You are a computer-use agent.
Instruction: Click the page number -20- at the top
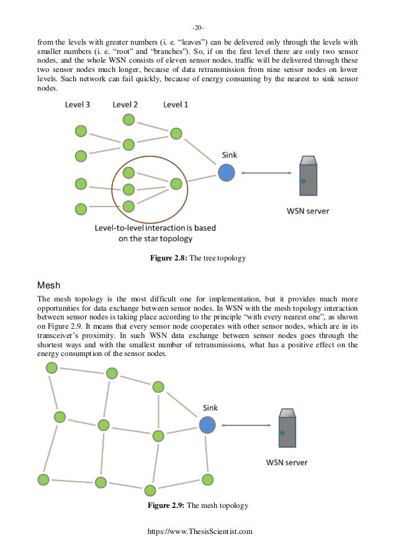pos(197,28)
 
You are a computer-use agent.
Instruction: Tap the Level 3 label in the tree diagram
pos(78,105)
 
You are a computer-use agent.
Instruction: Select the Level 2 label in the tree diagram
pos(125,105)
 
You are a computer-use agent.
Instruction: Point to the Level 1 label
pos(176,105)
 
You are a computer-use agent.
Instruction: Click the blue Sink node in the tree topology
pos(226,172)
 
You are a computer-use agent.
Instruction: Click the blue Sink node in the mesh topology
pos(207,425)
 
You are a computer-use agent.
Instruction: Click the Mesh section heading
pos(48,287)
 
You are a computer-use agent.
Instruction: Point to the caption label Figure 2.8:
pos(173,257)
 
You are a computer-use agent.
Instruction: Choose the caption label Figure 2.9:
pos(170,506)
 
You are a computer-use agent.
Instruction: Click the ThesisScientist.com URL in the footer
pos(197,531)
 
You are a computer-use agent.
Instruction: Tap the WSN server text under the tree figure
pos(308,211)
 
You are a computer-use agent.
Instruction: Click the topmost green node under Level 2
pos(128,120)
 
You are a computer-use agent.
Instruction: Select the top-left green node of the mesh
pos(52,368)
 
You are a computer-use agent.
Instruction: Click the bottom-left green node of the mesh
pos(43,479)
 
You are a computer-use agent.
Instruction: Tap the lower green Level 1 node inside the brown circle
pos(176,184)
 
